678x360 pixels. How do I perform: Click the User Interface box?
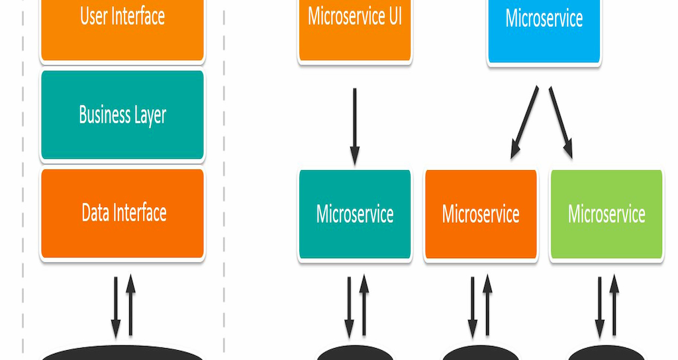click(x=122, y=30)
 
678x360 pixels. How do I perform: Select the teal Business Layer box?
click(x=122, y=114)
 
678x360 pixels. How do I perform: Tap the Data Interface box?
click(x=122, y=213)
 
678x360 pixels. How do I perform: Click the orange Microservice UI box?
click(x=355, y=30)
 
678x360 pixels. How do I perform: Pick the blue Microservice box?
click(x=544, y=31)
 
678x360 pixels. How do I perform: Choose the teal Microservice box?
click(x=355, y=214)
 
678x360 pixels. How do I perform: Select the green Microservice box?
click(x=606, y=214)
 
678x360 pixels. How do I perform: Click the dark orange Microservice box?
click(x=481, y=214)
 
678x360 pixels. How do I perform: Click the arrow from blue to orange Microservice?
click(x=524, y=122)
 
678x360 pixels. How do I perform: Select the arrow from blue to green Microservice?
click(x=561, y=122)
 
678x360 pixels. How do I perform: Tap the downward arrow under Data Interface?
click(x=115, y=307)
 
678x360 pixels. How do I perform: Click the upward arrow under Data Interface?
click(x=130, y=304)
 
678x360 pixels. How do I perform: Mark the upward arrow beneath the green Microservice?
click(x=614, y=304)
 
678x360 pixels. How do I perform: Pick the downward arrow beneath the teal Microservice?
click(x=349, y=307)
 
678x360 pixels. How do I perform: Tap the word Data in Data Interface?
click(x=95, y=212)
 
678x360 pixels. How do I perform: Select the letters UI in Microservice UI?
click(x=395, y=17)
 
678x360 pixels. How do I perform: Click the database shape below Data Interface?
click(x=122, y=353)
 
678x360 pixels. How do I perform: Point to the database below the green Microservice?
click(x=606, y=353)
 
